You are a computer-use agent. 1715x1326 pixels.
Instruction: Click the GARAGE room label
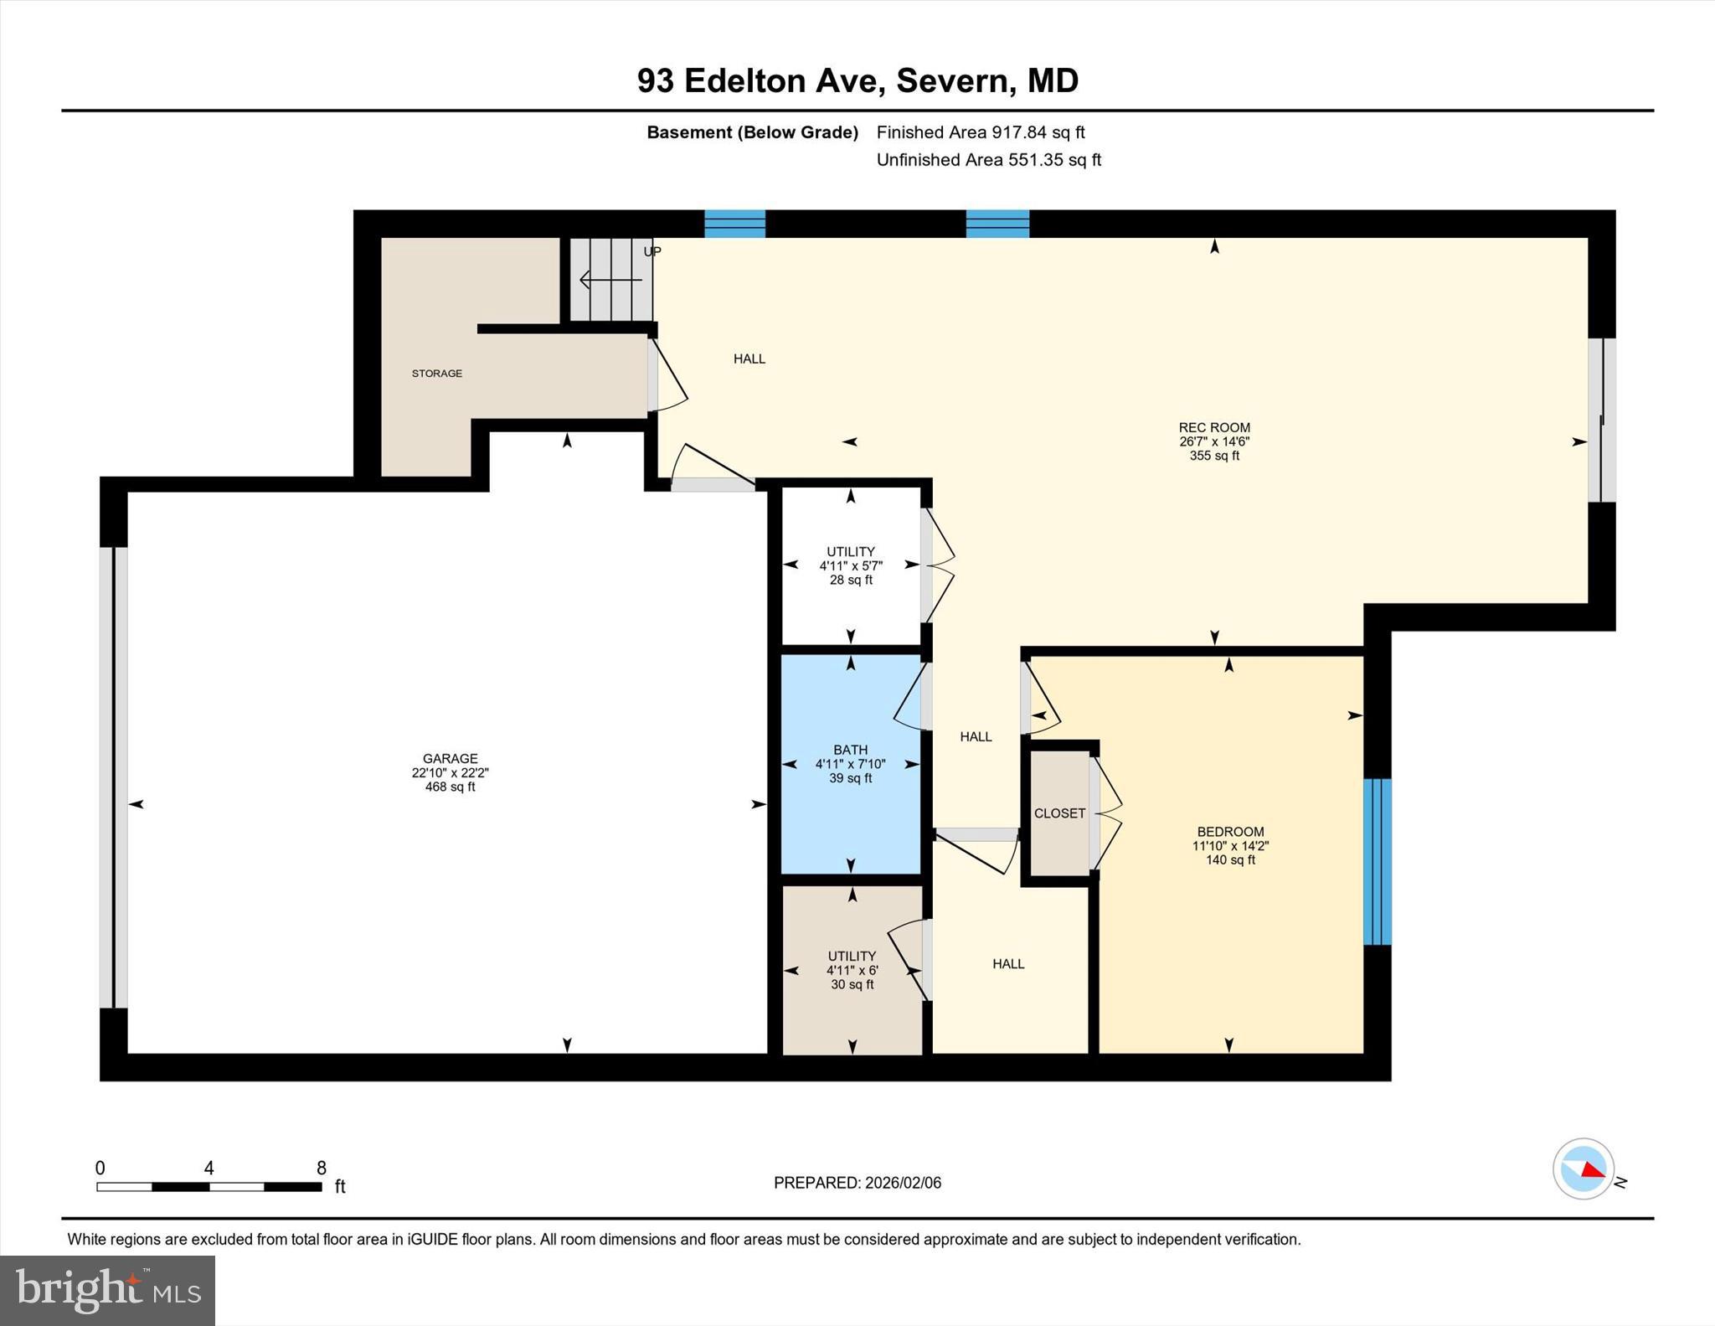click(450, 758)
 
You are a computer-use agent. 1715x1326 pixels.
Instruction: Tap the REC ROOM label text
click(1214, 427)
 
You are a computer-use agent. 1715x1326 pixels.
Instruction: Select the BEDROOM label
click(1230, 832)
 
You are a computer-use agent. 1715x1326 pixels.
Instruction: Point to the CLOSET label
click(1059, 813)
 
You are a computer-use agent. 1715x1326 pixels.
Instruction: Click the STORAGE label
click(436, 374)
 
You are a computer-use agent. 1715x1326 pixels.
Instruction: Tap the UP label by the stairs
click(652, 251)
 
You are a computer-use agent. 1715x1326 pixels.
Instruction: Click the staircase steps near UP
click(611, 279)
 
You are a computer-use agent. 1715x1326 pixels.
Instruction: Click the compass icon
click(1583, 1169)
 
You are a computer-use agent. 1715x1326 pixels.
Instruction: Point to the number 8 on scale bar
click(322, 1168)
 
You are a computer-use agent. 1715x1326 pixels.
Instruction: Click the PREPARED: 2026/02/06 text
click(857, 1183)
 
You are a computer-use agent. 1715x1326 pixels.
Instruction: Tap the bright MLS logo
click(107, 1290)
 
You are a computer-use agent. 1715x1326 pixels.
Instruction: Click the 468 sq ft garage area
click(450, 787)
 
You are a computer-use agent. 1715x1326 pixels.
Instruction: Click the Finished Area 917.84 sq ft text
click(980, 132)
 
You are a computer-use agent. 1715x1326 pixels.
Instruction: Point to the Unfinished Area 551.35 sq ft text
click(988, 160)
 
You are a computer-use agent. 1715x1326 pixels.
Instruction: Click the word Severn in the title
click(952, 81)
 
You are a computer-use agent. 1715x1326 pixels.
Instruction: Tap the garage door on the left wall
click(114, 777)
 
